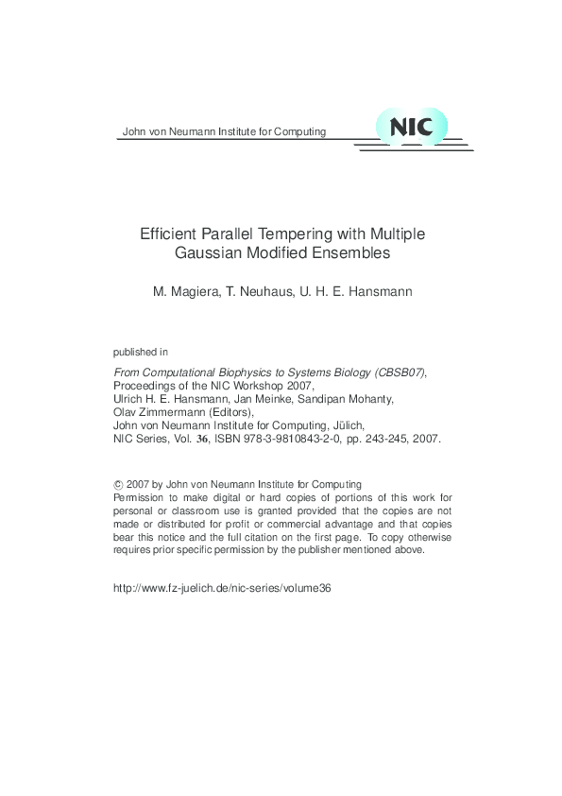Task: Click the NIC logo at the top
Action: pos(412,128)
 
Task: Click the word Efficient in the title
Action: pos(166,234)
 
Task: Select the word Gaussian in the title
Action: pos(207,253)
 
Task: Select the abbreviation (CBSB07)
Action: pos(394,373)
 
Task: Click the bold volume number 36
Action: pos(200,440)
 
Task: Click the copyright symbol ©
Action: pos(116,484)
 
